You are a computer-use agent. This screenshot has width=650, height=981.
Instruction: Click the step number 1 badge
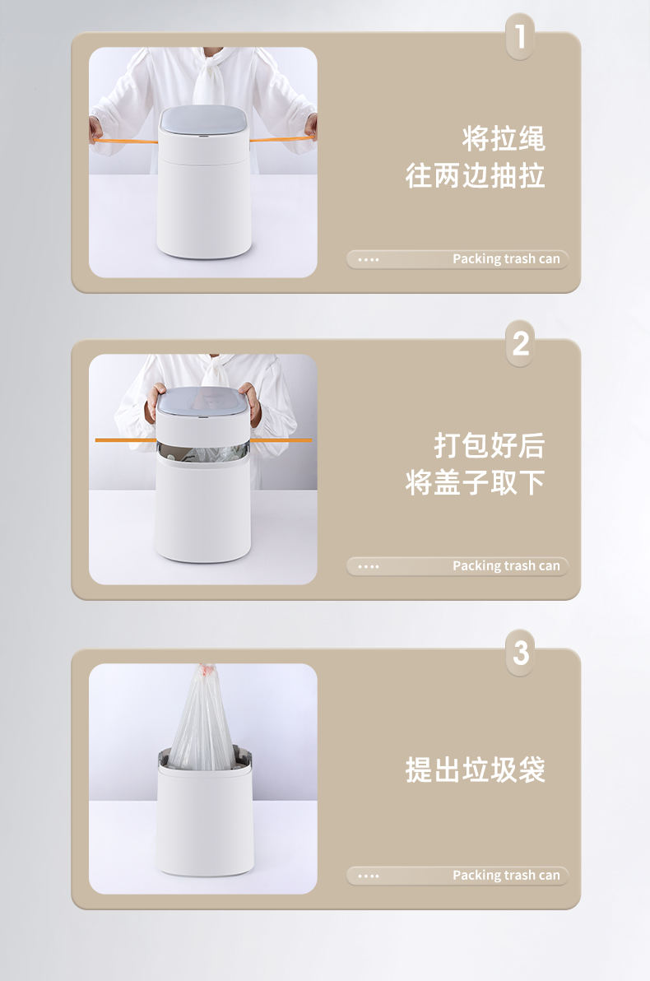(x=520, y=37)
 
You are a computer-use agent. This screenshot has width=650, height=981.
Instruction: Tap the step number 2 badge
(x=520, y=343)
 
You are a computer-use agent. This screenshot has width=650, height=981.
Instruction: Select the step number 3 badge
(x=520, y=653)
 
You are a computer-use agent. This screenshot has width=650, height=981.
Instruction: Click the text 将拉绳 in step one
(x=504, y=139)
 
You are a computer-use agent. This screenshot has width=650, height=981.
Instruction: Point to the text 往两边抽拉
(x=476, y=176)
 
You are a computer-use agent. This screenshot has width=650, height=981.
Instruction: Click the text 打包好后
(x=490, y=445)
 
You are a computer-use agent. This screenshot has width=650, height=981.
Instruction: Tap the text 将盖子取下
(x=476, y=482)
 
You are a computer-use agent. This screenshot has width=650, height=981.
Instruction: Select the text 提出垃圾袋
(x=476, y=769)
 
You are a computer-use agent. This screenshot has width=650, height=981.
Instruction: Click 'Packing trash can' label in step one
(x=506, y=259)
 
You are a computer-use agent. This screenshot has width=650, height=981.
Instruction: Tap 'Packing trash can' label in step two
(x=506, y=566)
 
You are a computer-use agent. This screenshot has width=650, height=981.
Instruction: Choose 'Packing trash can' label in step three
(x=506, y=876)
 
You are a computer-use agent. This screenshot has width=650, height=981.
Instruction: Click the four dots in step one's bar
(x=369, y=259)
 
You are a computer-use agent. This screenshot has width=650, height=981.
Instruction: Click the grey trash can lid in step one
(x=203, y=120)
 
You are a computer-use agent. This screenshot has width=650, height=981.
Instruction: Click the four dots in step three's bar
(x=369, y=876)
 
